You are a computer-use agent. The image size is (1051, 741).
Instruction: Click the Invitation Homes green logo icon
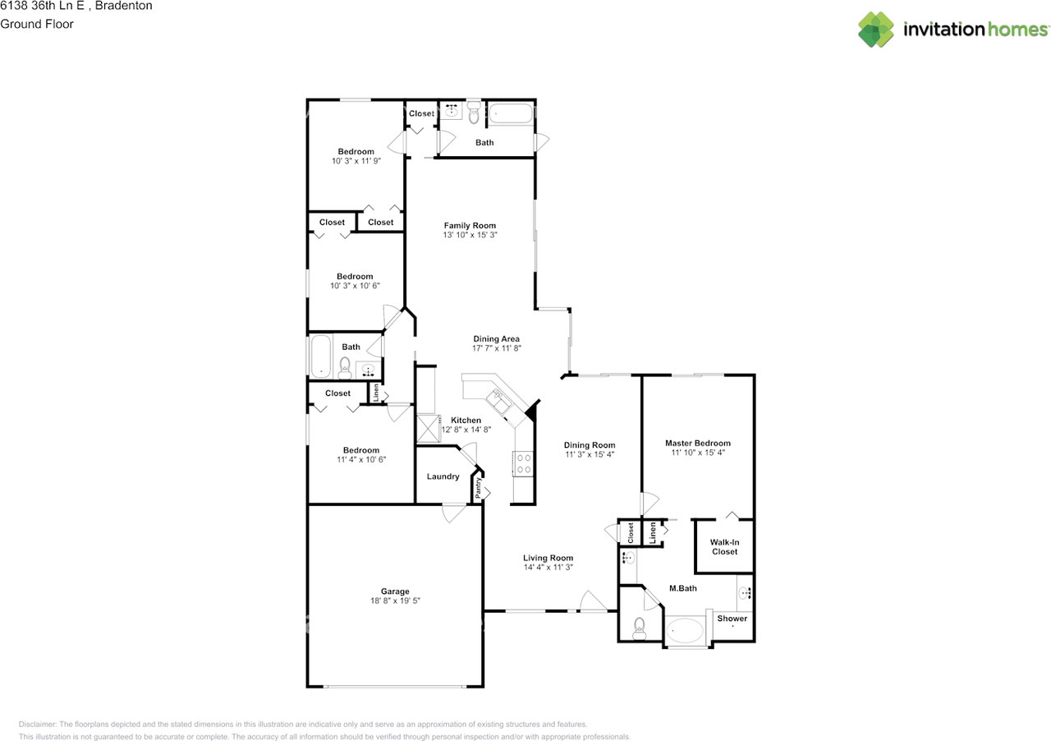point(876,29)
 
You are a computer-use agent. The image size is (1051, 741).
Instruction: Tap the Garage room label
point(395,591)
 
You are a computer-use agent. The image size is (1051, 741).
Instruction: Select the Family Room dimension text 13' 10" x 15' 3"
point(470,235)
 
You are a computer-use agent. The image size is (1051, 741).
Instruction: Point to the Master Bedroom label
point(698,443)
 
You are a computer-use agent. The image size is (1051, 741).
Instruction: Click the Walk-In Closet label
point(724,547)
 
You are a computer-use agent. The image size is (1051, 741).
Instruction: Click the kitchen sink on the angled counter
point(498,401)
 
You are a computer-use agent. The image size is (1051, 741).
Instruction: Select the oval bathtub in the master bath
point(685,631)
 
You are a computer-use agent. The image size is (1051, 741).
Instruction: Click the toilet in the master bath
point(639,628)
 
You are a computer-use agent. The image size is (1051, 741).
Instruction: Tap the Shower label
point(732,619)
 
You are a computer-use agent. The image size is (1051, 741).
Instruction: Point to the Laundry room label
point(443,476)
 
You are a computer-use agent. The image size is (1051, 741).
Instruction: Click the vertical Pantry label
point(478,488)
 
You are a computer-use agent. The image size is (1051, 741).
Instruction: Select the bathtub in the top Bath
point(511,113)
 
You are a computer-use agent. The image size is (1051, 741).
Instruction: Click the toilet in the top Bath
point(474,113)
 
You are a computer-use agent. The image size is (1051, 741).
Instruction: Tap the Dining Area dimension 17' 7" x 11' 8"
point(497,348)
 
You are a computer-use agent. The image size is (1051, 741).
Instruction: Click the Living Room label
point(548,558)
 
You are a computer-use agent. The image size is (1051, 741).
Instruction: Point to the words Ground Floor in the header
point(37,24)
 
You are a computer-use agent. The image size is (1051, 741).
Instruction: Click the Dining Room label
point(590,444)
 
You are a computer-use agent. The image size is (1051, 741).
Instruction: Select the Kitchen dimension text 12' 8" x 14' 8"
point(466,429)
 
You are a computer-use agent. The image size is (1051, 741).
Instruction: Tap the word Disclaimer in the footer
point(38,724)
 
